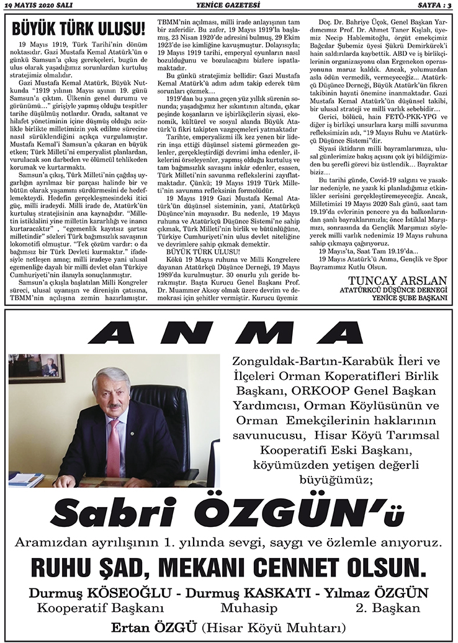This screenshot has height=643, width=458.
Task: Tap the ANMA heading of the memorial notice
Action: tap(228, 333)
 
